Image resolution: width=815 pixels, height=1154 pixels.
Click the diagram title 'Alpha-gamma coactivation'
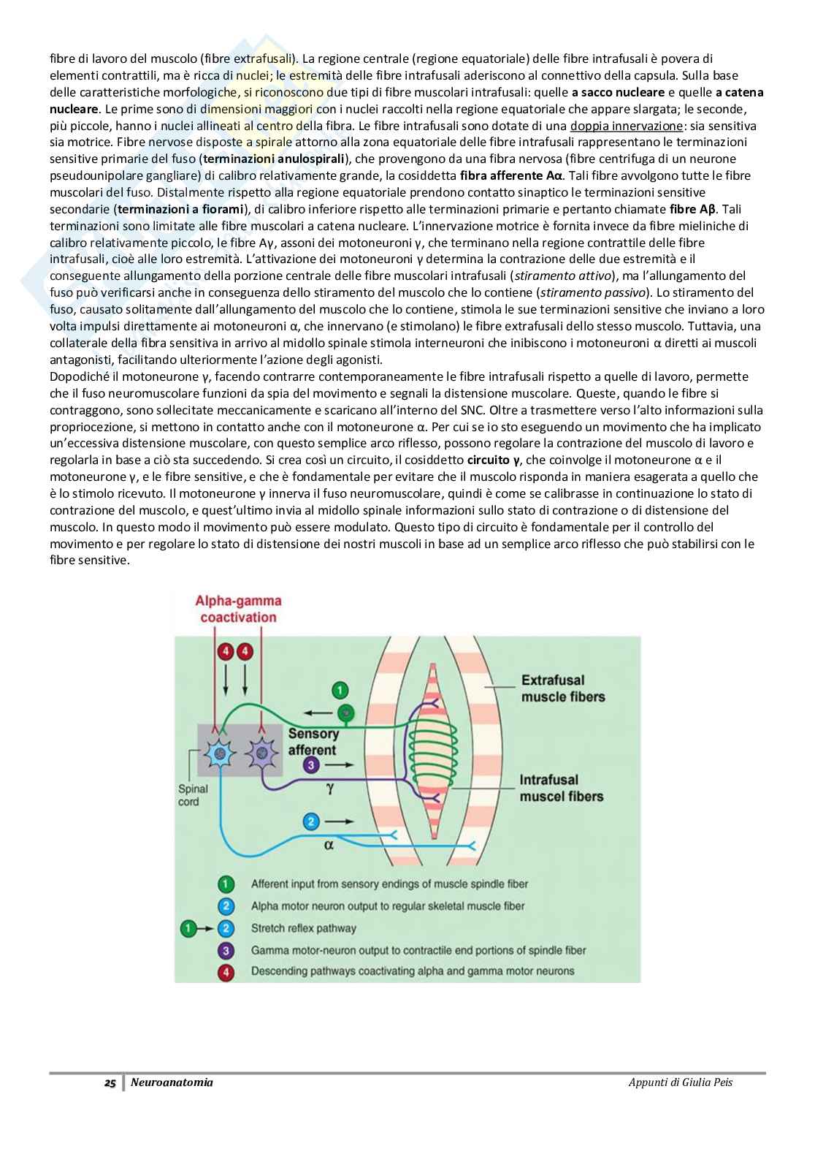pos(238,609)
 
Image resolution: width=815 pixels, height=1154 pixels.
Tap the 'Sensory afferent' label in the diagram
pos(313,742)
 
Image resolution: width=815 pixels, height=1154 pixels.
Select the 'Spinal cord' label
pos(193,795)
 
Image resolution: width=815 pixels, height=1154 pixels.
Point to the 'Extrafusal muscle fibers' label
pos(562,688)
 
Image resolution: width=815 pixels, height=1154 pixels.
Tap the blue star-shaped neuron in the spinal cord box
pos(218,753)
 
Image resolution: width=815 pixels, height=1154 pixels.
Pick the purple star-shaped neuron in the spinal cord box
pos(261,753)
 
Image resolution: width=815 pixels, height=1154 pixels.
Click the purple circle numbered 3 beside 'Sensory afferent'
pos(311,765)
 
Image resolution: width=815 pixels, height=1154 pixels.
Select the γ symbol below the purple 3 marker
pos(329,789)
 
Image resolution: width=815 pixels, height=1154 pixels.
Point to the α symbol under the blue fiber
pos(329,844)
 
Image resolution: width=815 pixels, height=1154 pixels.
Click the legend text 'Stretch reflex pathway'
pos(303,928)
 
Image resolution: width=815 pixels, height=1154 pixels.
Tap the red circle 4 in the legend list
pos(226,971)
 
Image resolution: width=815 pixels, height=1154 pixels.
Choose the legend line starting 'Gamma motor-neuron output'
pos(418,950)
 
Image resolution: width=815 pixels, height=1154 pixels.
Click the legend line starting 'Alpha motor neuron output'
pos(387,906)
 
